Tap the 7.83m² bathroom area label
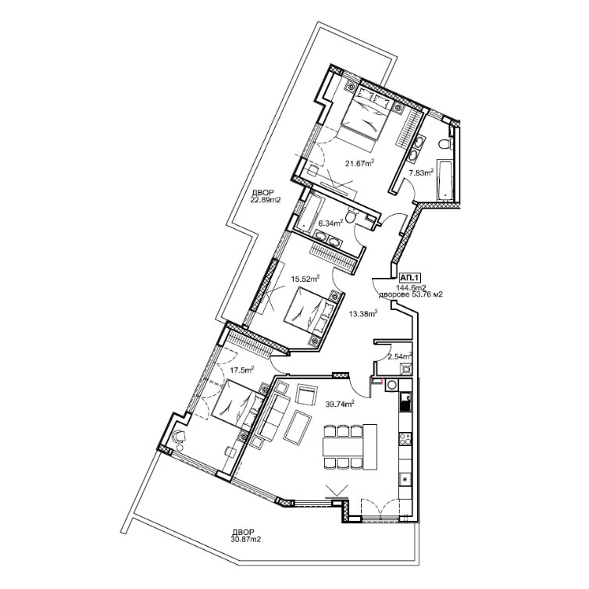(421, 173)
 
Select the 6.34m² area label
(330, 223)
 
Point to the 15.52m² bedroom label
(305, 279)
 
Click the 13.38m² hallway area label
(363, 313)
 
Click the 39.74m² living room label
(340, 404)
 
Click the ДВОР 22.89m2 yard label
(266, 197)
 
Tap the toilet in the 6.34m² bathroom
(351, 216)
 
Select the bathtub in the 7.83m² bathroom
(445, 180)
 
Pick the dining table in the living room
(343, 447)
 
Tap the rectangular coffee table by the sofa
(298, 427)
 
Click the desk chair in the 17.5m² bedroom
(179, 436)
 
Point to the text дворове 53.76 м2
(411, 294)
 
